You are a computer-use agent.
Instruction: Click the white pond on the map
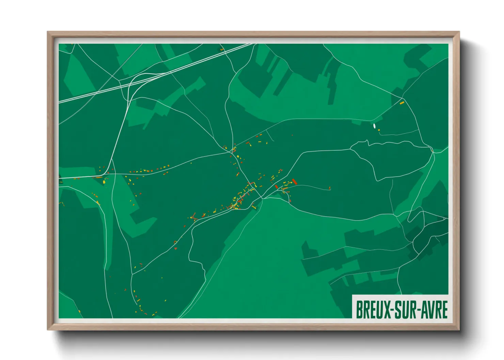375,126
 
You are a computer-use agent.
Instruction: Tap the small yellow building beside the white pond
379,130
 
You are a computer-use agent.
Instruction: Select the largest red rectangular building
295,182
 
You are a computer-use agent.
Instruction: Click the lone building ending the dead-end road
330,187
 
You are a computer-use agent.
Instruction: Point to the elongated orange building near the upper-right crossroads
402,102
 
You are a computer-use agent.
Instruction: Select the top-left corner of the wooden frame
48,32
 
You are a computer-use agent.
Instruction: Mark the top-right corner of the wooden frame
459,32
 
